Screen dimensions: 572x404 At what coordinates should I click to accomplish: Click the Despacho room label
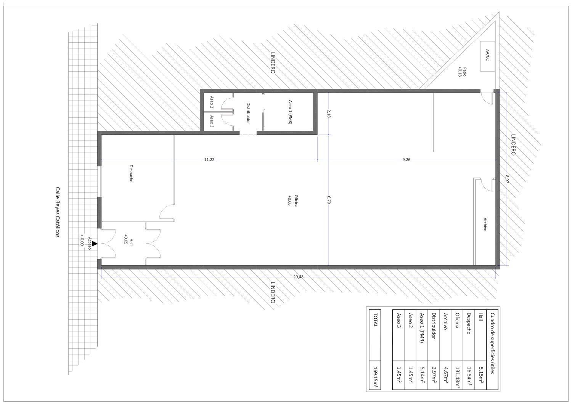[131, 173]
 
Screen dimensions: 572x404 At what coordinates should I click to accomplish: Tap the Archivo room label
[485, 224]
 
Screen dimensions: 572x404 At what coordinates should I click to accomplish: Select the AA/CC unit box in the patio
[487, 56]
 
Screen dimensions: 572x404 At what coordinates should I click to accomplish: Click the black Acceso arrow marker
[95, 244]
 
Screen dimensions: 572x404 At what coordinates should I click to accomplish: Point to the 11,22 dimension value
[209, 160]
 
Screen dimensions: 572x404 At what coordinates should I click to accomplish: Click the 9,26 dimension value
[406, 160]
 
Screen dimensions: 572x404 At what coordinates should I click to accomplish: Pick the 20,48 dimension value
[298, 277]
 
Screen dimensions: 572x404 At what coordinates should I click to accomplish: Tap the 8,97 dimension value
[507, 179]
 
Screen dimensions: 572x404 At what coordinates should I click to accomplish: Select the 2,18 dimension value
[329, 114]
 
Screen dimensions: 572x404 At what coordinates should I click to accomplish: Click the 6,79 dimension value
[329, 200]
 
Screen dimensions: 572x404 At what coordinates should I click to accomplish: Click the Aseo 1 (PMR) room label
[290, 112]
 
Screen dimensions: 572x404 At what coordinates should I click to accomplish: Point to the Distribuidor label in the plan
[248, 113]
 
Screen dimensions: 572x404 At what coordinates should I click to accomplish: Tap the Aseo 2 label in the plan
[212, 102]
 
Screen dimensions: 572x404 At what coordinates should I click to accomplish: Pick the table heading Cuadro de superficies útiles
[493, 343]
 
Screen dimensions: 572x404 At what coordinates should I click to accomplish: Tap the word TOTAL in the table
[375, 320]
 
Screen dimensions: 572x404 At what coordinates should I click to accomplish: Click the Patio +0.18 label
[463, 72]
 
